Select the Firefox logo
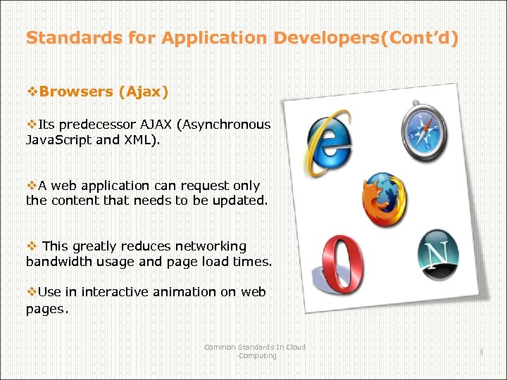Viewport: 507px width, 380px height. tap(384, 199)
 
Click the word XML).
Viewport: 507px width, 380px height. tap(140, 139)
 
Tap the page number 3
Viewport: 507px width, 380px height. tap(481, 351)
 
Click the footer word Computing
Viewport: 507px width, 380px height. tap(257, 355)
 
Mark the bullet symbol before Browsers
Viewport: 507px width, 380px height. tap(32, 91)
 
